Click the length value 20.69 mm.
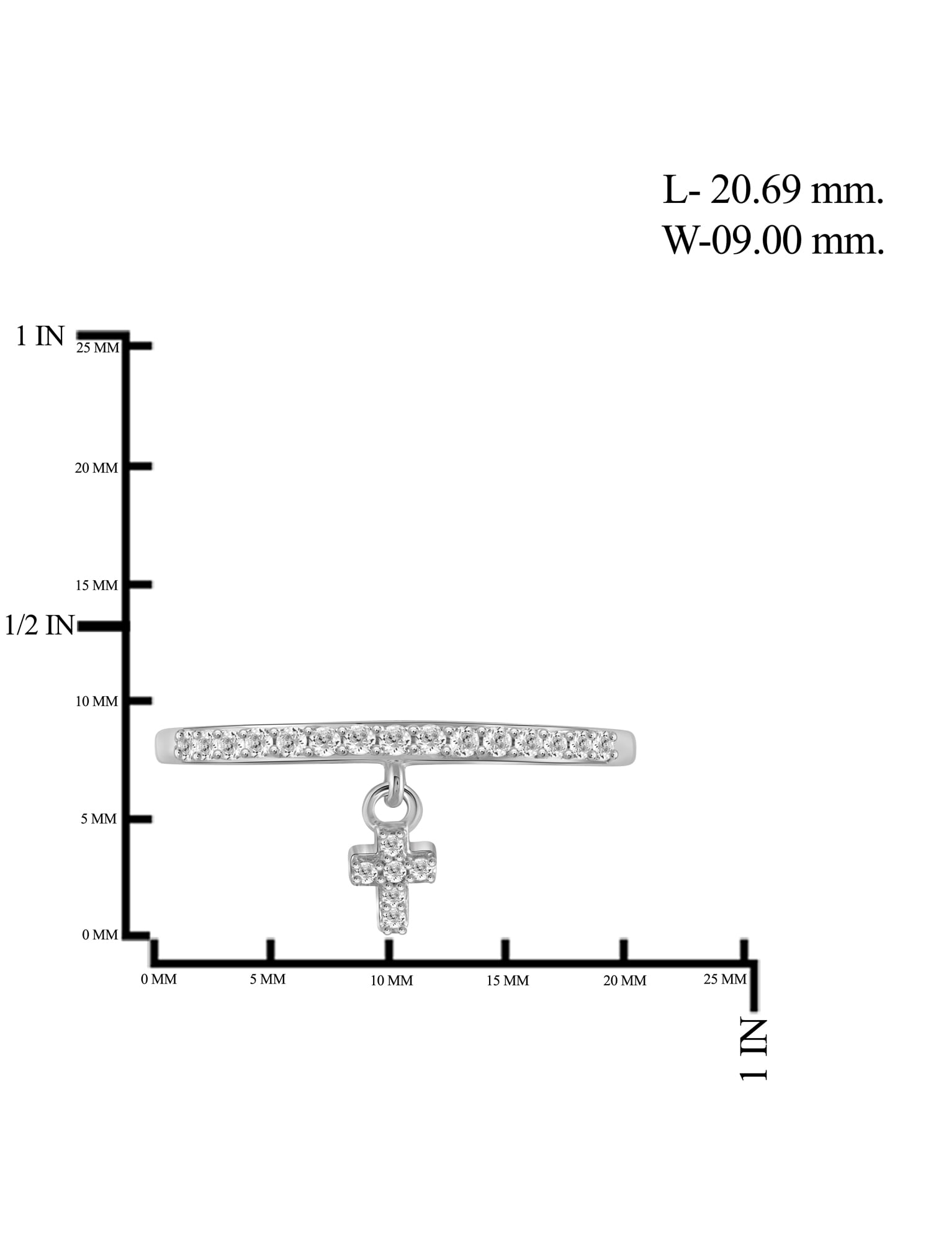[796, 190]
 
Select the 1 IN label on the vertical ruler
[40, 336]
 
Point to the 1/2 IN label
[40, 625]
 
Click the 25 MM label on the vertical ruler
[97, 348]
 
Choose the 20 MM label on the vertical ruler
[96, 468]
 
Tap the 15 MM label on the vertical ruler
[96, 585]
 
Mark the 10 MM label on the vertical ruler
[96, 701]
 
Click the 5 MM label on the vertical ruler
[99, 819]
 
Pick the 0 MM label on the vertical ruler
[100, 934]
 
